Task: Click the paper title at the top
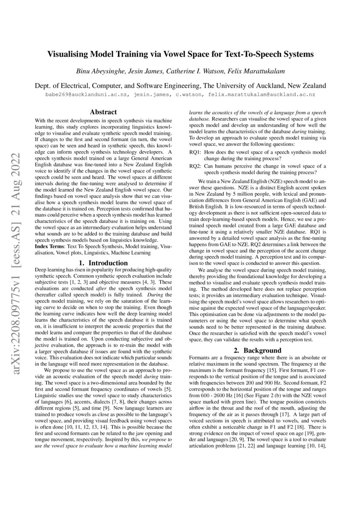click(180, 54)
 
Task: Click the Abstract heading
click(103, 112)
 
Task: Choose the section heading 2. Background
click(257, 350)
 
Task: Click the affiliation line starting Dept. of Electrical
click(180, 86)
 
